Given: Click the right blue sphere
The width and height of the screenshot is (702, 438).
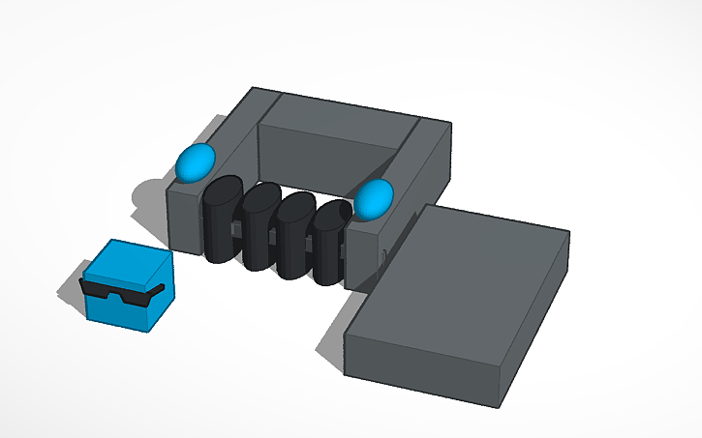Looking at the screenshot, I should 373,198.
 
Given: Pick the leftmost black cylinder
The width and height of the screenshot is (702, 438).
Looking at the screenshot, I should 222,220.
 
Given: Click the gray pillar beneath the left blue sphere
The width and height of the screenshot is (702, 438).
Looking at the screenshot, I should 184,218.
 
